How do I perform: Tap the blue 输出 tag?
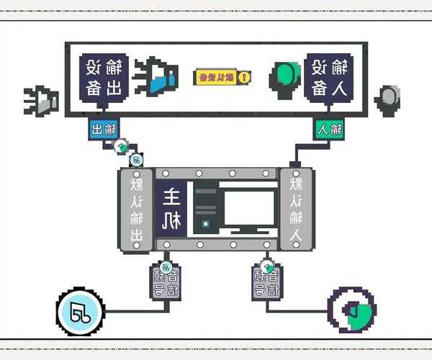tap(104, 130)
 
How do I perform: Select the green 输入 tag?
tap(328, 130)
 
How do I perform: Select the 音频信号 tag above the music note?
tap(165, 282)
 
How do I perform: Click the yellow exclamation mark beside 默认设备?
tap(245, 76)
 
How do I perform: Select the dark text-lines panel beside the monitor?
tap(206, 209)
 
